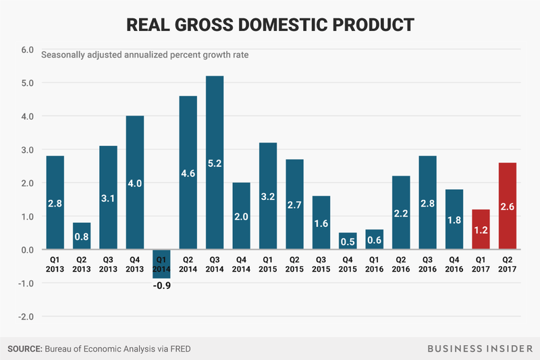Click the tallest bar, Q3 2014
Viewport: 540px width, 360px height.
coord(214,163)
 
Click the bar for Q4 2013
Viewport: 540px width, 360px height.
coord(135,183)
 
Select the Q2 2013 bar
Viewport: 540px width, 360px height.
coord(82,236)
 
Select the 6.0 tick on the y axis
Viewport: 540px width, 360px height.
coord(27,50)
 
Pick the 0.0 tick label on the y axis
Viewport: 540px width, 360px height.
coord(27,250)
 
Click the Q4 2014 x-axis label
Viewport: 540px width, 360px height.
coord(240,261)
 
